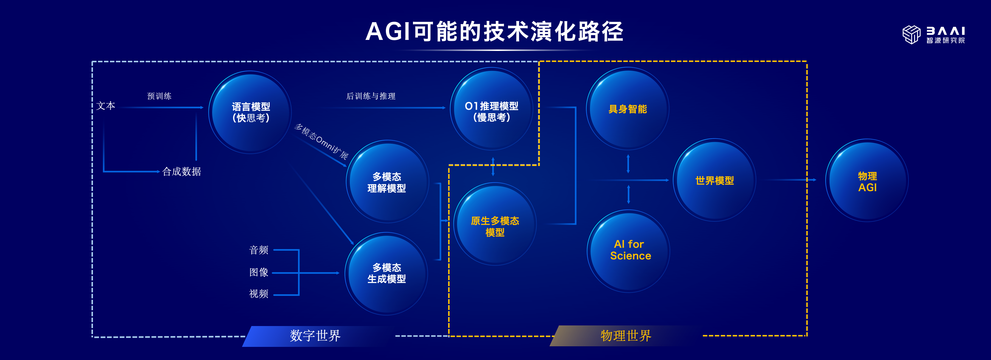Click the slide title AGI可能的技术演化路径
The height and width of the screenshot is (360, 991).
[494, 32]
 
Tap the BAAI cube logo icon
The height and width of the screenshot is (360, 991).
[911, 35]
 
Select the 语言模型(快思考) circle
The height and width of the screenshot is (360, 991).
[251, 112]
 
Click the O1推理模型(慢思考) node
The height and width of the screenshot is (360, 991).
[491, 111]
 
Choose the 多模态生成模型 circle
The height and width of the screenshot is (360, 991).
[387, 273]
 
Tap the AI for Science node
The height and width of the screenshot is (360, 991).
[630, 250]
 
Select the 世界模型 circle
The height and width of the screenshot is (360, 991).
[714, 180]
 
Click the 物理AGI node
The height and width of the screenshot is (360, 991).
[867, 181]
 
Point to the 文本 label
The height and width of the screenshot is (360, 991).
[106, 106]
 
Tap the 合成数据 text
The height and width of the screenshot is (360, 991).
[181, 172]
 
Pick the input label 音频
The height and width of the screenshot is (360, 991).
[259, 250]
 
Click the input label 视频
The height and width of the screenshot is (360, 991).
[259, 294]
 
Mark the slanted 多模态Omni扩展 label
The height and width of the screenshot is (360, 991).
[321, 142]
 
